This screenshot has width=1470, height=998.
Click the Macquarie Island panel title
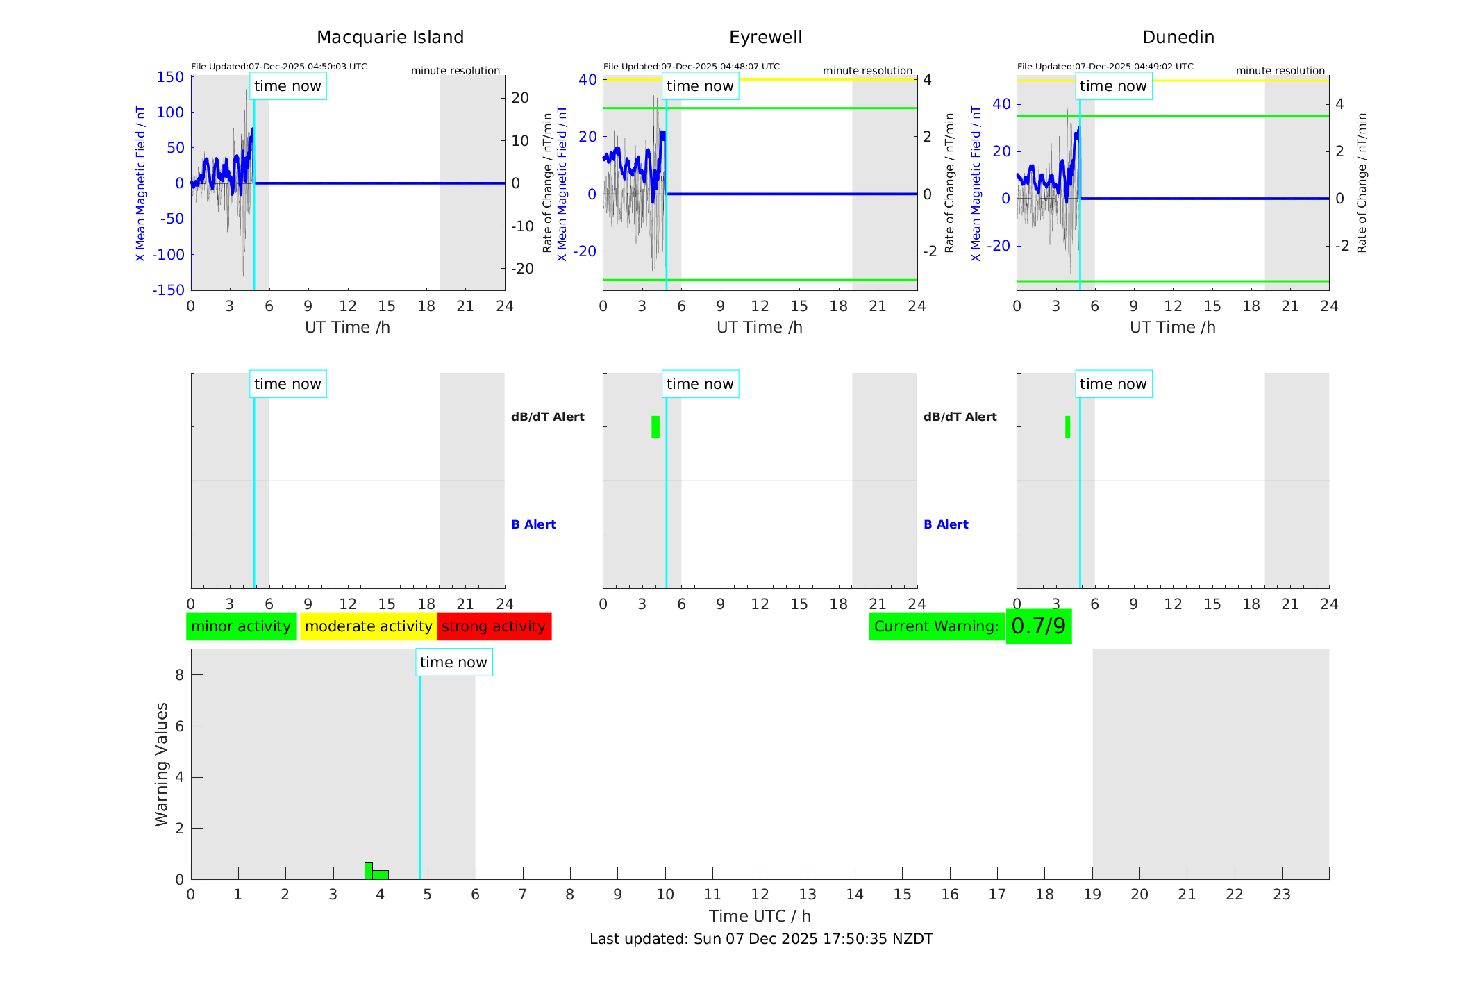click(390, 38)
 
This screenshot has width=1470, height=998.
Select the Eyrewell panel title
click(765, 38)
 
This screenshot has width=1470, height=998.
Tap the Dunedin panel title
click(1178, 38)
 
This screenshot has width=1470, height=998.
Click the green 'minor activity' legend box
click(241, 626)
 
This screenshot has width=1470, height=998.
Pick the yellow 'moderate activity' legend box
click(368, 626)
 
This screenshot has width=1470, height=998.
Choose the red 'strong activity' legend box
click(494, 626)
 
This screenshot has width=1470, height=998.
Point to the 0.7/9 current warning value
click(1038, 626)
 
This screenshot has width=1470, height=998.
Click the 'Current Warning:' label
click(936, 626)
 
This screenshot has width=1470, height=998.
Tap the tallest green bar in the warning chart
click(369, 871)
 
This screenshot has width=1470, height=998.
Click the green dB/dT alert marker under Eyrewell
click(655, 427)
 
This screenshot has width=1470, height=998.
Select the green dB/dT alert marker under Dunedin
click(1067, 427)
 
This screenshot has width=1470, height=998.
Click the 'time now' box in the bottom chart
click(453, 663)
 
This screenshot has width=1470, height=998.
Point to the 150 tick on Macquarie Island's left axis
click(170, 77)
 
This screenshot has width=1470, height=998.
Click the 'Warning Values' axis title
click(161, 764)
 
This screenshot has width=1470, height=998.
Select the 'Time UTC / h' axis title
click(760, 916)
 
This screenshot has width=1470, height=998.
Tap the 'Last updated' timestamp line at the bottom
click(760, 939)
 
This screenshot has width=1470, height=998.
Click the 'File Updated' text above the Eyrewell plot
click(691, 67)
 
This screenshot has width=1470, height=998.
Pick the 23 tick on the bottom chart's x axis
click(1281, 895)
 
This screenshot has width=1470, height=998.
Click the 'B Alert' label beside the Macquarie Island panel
click(533, 524)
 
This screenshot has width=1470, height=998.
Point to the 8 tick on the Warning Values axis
click(179, 674)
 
